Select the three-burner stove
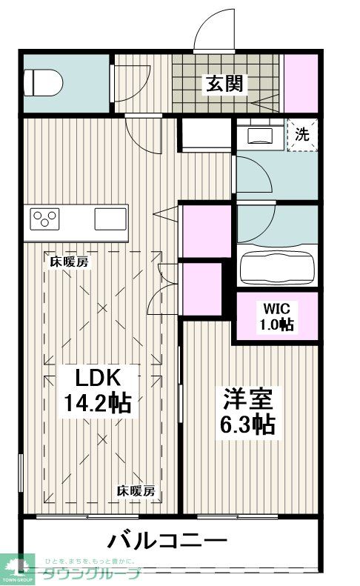pyautogui.click(x=45, y=219)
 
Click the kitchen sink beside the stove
pyautogui.click(x=110, y=220)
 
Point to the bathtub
pyautogui.click(x=277, y=264)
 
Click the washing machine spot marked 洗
pyautogui.click(x=302, y=136)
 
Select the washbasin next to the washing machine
pyautogui.click(x=260, y=134)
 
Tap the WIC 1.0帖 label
pyautogui.click(x=276, y=317)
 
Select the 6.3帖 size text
pyautogui.click(x=249, y=424)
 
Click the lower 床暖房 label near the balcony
pyautogui.click(x=136, y=491)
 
